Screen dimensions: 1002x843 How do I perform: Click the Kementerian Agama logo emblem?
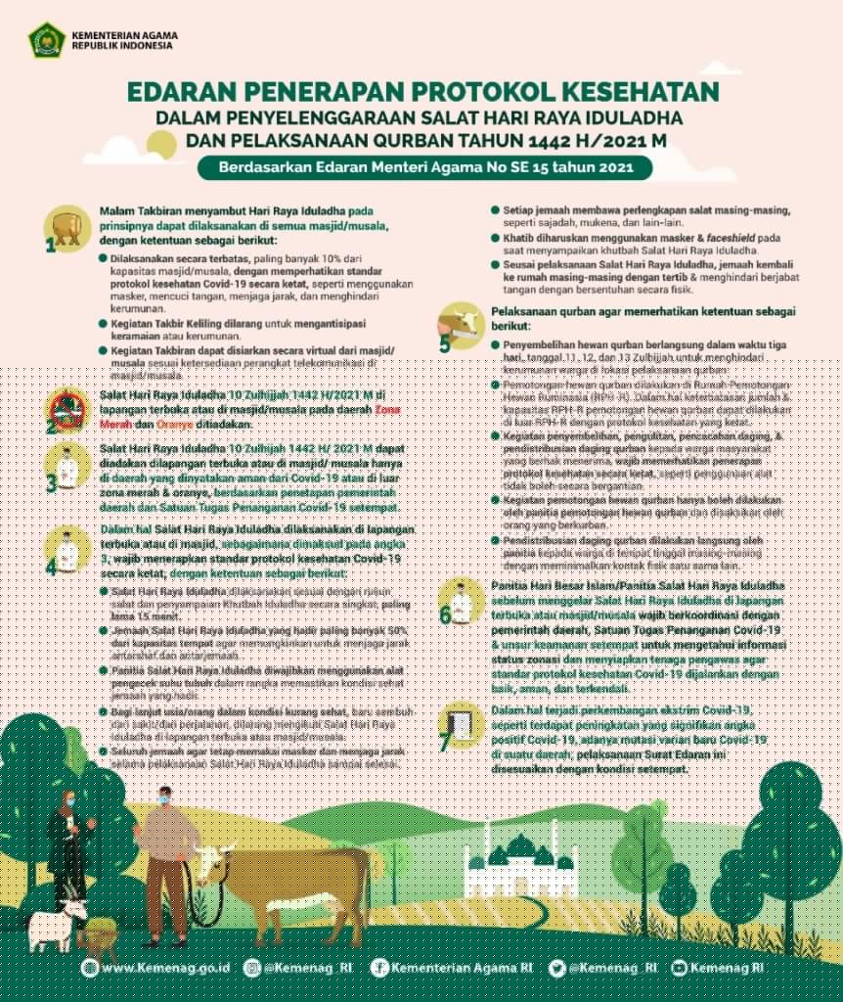coord(46,40)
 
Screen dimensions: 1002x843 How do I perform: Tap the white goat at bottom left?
coord(54,926)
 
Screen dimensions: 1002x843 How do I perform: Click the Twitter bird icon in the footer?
coord(557,968)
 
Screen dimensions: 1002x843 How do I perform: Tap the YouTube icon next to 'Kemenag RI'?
coord(679,968)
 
